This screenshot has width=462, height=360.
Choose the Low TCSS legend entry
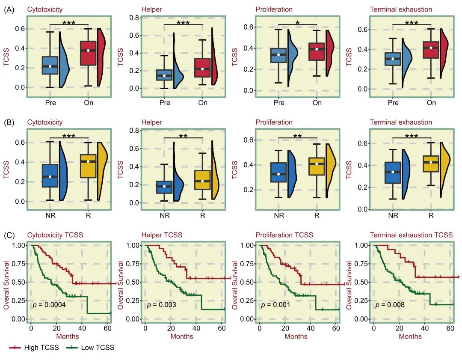click(91, 348)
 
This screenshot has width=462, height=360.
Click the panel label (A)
click(11, 9)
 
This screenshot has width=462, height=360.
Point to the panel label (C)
click(11, 235)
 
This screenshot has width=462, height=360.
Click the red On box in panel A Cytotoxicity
click(88, 53)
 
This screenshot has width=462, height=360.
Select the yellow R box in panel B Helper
click(202, 180)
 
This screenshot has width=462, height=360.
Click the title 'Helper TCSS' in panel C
click(162, 235)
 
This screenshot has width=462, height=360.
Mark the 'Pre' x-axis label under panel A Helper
click(165, 103)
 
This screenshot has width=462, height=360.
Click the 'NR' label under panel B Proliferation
click(278, 215)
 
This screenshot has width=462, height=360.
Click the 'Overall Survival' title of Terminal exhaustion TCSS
click(349, 286)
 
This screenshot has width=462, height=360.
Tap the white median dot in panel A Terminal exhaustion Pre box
click(393, 59)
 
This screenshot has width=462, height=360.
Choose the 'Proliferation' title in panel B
click(274, 122)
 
